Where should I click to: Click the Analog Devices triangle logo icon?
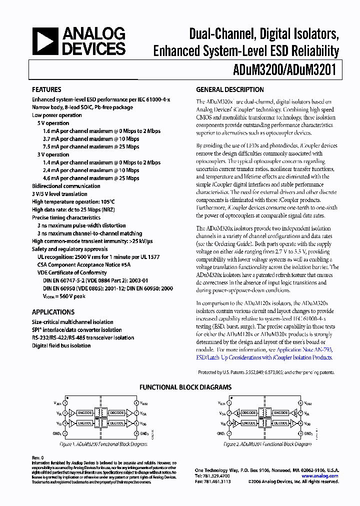[45, 41]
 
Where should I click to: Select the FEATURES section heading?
[46, 90]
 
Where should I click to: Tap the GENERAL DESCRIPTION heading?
[229, 90]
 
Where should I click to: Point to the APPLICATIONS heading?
[53, 312]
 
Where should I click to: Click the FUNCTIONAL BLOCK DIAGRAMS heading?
[185, 387]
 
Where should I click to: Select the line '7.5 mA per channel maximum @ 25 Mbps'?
[91, 146]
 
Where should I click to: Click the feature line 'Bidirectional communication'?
[66, 186]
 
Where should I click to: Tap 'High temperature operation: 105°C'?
[73, 201]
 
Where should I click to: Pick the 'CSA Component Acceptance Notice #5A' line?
[83, 264]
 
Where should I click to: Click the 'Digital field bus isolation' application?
[61, 345]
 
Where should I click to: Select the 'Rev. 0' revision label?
[38, 457]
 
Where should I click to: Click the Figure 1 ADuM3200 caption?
[104, 444]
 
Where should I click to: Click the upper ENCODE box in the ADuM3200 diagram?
[85, 413]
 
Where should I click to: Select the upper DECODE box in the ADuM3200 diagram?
[117, 413]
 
